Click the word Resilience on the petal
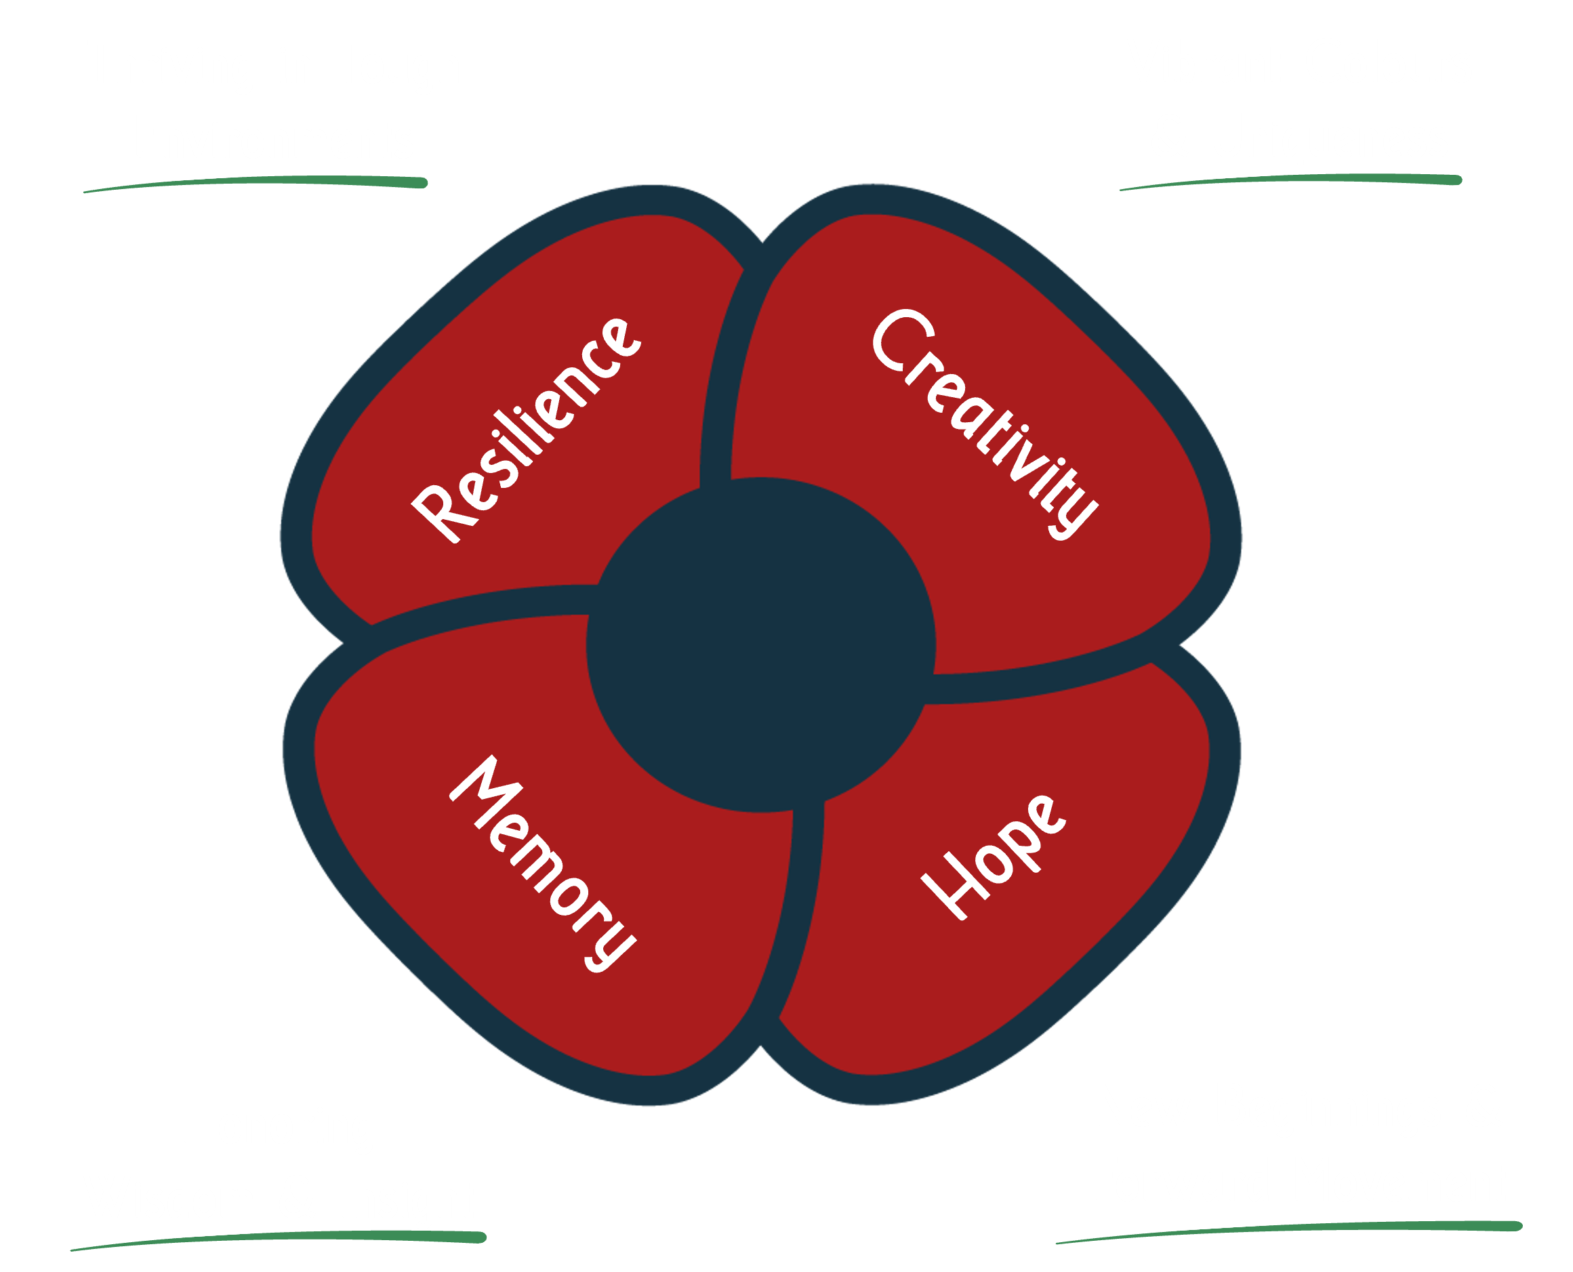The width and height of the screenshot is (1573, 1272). [x=526, y=431]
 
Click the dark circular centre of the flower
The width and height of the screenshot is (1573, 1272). [x=760, y=644]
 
